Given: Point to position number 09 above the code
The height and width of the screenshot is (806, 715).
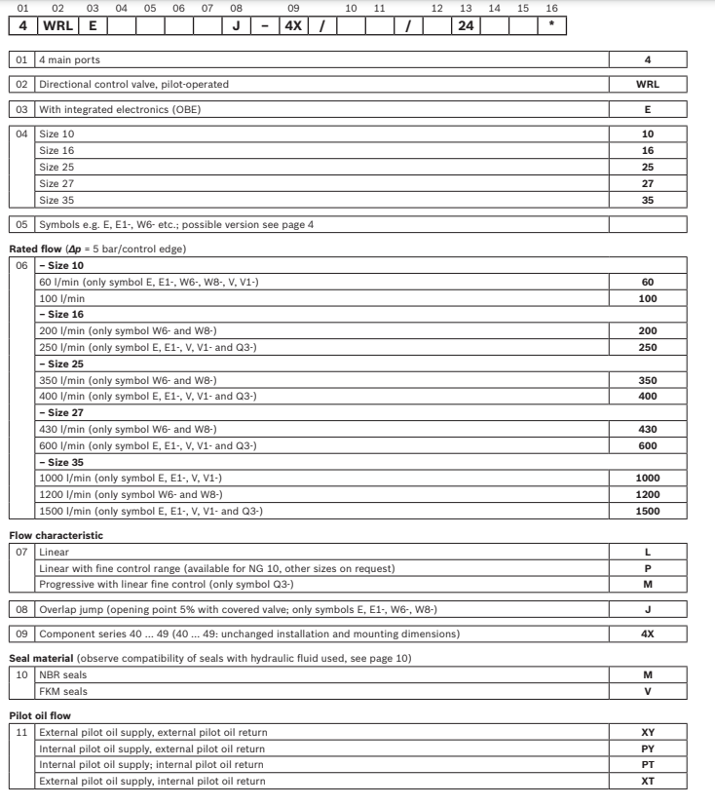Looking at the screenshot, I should coord(293,8).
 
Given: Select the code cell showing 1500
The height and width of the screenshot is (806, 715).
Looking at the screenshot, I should coord(648,511).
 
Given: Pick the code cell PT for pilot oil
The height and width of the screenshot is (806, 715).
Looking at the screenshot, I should coord(648,765).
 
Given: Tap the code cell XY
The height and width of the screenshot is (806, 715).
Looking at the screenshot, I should coord(648,732).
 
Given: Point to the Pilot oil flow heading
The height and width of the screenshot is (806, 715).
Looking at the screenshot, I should coord(41,715).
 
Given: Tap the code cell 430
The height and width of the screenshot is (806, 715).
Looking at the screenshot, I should coord(648,430).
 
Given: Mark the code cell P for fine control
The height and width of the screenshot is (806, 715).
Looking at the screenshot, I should coord(648,567).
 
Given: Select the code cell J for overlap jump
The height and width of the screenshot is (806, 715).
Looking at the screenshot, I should coord(648,609).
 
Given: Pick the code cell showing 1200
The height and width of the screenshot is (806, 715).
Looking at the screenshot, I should coord(648,494).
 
